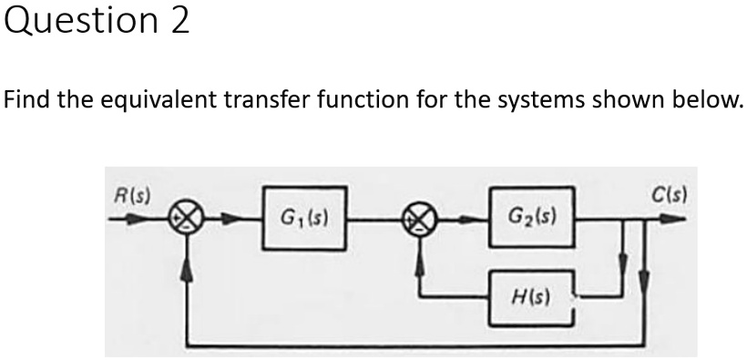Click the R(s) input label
pos(134,194)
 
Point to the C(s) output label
pos(669,194)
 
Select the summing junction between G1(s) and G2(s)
pos(420,219)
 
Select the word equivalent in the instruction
pos(158,98)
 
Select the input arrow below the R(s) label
pos(137,219)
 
